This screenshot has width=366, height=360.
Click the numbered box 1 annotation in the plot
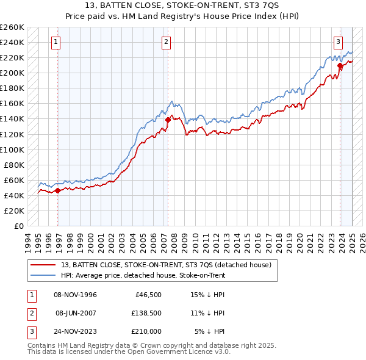56,42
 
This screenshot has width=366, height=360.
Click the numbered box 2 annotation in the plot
166,42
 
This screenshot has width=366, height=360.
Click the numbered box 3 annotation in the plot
338,42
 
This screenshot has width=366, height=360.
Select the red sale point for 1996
58,190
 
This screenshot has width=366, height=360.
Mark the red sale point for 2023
340,65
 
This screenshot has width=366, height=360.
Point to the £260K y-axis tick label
12,27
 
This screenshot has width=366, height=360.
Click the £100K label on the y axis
12,149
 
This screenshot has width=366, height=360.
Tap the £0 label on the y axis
18,226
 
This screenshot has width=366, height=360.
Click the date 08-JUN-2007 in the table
76,313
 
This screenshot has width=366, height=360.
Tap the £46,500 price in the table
147,295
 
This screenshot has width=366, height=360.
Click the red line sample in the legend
42,265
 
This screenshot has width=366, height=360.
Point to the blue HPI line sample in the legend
42,275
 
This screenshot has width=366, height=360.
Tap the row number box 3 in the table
30,331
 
